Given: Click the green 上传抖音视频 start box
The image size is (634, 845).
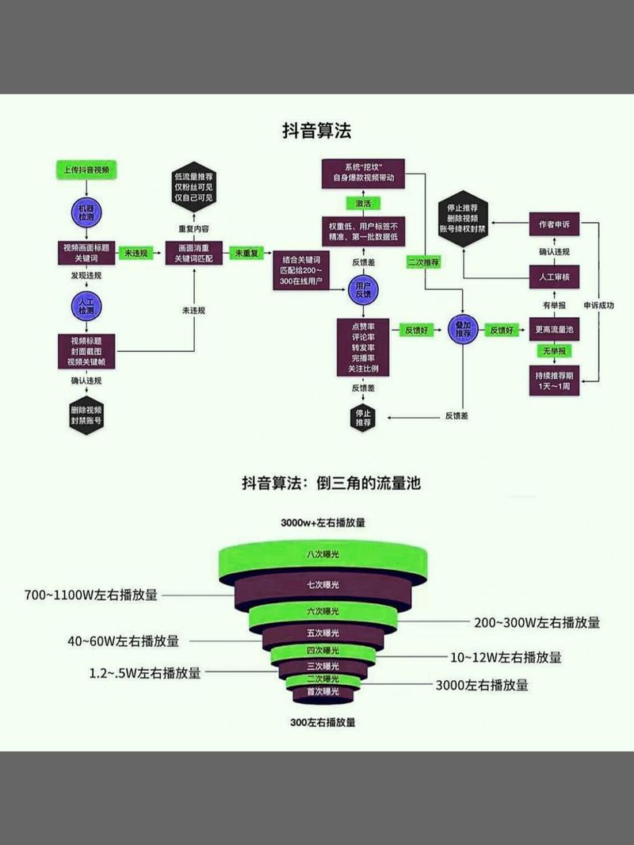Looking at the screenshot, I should (86, 170).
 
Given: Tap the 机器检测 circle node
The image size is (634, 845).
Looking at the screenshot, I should (86, 212).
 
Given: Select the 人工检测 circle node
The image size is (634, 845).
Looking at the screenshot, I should (86, 307).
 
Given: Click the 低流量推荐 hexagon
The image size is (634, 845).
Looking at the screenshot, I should (194, 187).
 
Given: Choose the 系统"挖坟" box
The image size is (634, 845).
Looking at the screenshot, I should (364, 172).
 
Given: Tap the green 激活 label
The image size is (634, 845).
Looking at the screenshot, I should (364, 204).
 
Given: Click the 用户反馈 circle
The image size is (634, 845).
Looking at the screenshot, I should (364, 290).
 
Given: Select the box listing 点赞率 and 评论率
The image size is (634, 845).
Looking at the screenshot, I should (364, 347).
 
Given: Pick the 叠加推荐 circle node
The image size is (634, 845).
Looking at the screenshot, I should (462, 330).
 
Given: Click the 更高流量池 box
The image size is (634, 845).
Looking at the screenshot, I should (554, 330).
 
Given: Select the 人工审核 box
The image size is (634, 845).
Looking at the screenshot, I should (554, 277).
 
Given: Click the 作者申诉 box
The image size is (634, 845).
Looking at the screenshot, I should (554, 224).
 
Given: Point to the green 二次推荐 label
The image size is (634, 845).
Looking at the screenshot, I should (423, 261).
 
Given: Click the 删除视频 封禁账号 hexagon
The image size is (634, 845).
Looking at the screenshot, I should (86, 415).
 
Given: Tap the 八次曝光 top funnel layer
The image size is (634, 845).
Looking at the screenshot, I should (323, 556).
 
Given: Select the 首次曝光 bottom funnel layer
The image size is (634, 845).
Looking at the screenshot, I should (323, 692).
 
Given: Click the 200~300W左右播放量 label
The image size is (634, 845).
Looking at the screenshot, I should (537, 622).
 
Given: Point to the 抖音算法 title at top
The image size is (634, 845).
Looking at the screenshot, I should (317, 130).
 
